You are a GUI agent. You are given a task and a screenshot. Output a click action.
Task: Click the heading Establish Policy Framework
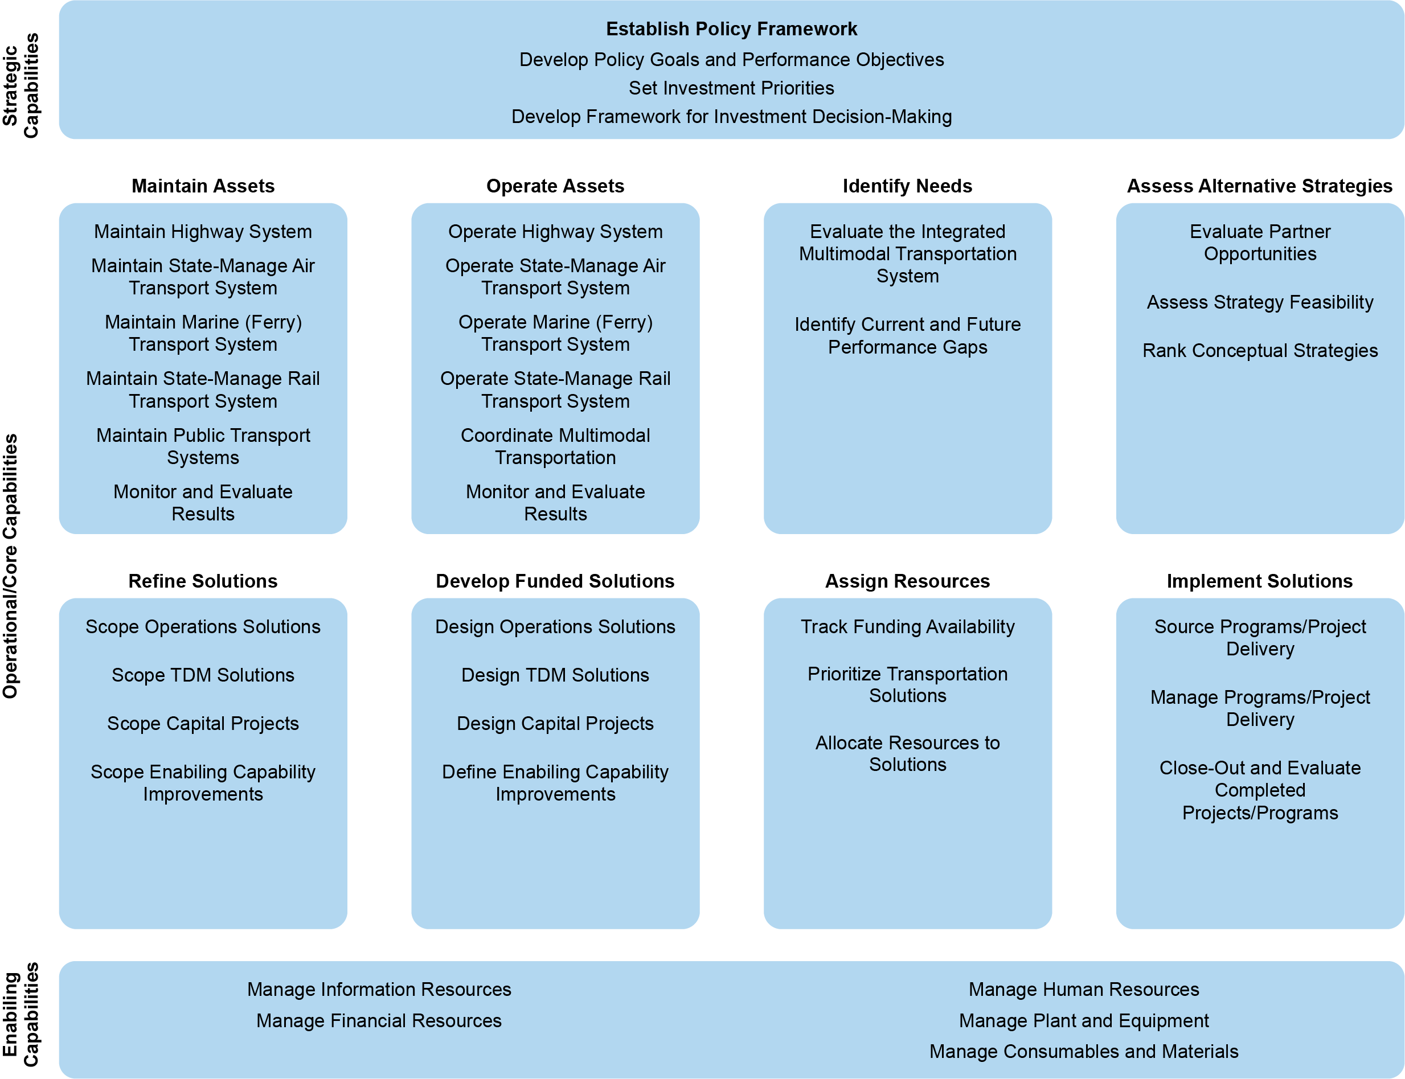tap(731, 29)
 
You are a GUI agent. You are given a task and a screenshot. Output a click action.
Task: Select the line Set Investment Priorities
tap(731, 88)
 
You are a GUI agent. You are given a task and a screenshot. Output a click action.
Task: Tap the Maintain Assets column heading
tap(203, 186)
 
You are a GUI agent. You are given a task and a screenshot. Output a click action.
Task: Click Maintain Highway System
tap(203, 231)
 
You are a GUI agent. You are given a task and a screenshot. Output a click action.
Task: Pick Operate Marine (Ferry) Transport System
tap(555, 333)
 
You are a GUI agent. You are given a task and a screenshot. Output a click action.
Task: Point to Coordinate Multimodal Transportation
tap(555, 446)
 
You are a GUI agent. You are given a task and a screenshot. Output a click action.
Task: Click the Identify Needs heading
tap(907, 186)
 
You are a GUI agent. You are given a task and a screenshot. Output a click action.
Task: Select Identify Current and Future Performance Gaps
tap(907, 335)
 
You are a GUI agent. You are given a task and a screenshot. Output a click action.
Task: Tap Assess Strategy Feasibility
tap(1260, 302)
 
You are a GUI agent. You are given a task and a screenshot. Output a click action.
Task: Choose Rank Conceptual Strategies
tap(1260, 350)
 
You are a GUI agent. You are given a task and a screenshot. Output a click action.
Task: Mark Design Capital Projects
tap(555, 723)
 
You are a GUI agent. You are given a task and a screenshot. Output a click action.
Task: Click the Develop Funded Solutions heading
tap(555, 581)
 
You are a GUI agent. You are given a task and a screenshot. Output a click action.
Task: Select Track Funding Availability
tap(907, 626)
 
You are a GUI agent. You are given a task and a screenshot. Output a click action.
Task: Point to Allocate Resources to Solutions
tap(907, 753)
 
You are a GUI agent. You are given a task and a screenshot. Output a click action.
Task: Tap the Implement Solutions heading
tap(1260, 581)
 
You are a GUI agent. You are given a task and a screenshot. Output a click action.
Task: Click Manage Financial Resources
tap(379, 1020)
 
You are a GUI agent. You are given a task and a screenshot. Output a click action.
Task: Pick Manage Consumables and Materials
tap(1084, 1051)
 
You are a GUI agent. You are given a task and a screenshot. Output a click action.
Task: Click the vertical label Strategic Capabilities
tap(21, 85)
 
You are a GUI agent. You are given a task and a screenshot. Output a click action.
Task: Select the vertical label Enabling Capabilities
tap(21, 1014)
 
